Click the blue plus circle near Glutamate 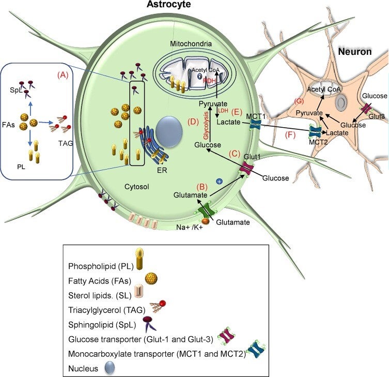coord(219,182)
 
